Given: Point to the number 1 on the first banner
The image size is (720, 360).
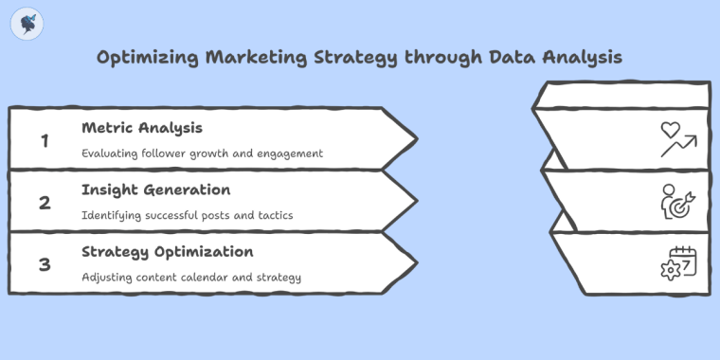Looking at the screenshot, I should coord(44,140).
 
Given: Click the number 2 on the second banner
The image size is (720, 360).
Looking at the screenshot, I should coord(44,202).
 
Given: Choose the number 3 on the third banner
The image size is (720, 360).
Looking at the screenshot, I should coord(44,264).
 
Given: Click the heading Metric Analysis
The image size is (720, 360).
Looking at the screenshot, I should coord(142,128).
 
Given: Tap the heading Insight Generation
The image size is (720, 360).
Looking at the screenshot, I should coord(155,189).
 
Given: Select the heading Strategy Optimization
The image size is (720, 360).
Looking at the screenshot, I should coord(168,252).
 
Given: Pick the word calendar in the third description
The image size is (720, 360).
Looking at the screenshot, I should coord(220,278).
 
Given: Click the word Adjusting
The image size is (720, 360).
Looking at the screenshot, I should coord(109,278).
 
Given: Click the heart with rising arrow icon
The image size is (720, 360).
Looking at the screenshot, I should coord(678,140).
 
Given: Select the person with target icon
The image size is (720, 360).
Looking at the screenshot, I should coord(678,202).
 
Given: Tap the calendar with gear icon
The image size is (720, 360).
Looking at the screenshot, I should coord(678,263).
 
